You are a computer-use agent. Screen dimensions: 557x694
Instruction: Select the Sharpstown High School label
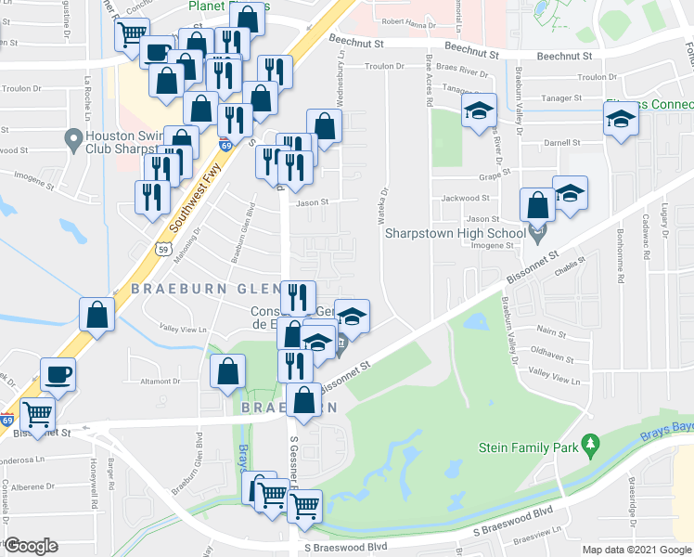tap(456, 232)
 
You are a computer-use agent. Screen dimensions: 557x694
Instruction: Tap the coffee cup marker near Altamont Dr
tap(58, 374)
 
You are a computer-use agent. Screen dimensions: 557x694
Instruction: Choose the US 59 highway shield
tap(163, 248)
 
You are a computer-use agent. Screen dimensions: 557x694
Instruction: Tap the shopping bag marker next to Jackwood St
tap(537, 204)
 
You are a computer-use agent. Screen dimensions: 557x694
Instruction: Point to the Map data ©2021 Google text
tap(636, 550)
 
